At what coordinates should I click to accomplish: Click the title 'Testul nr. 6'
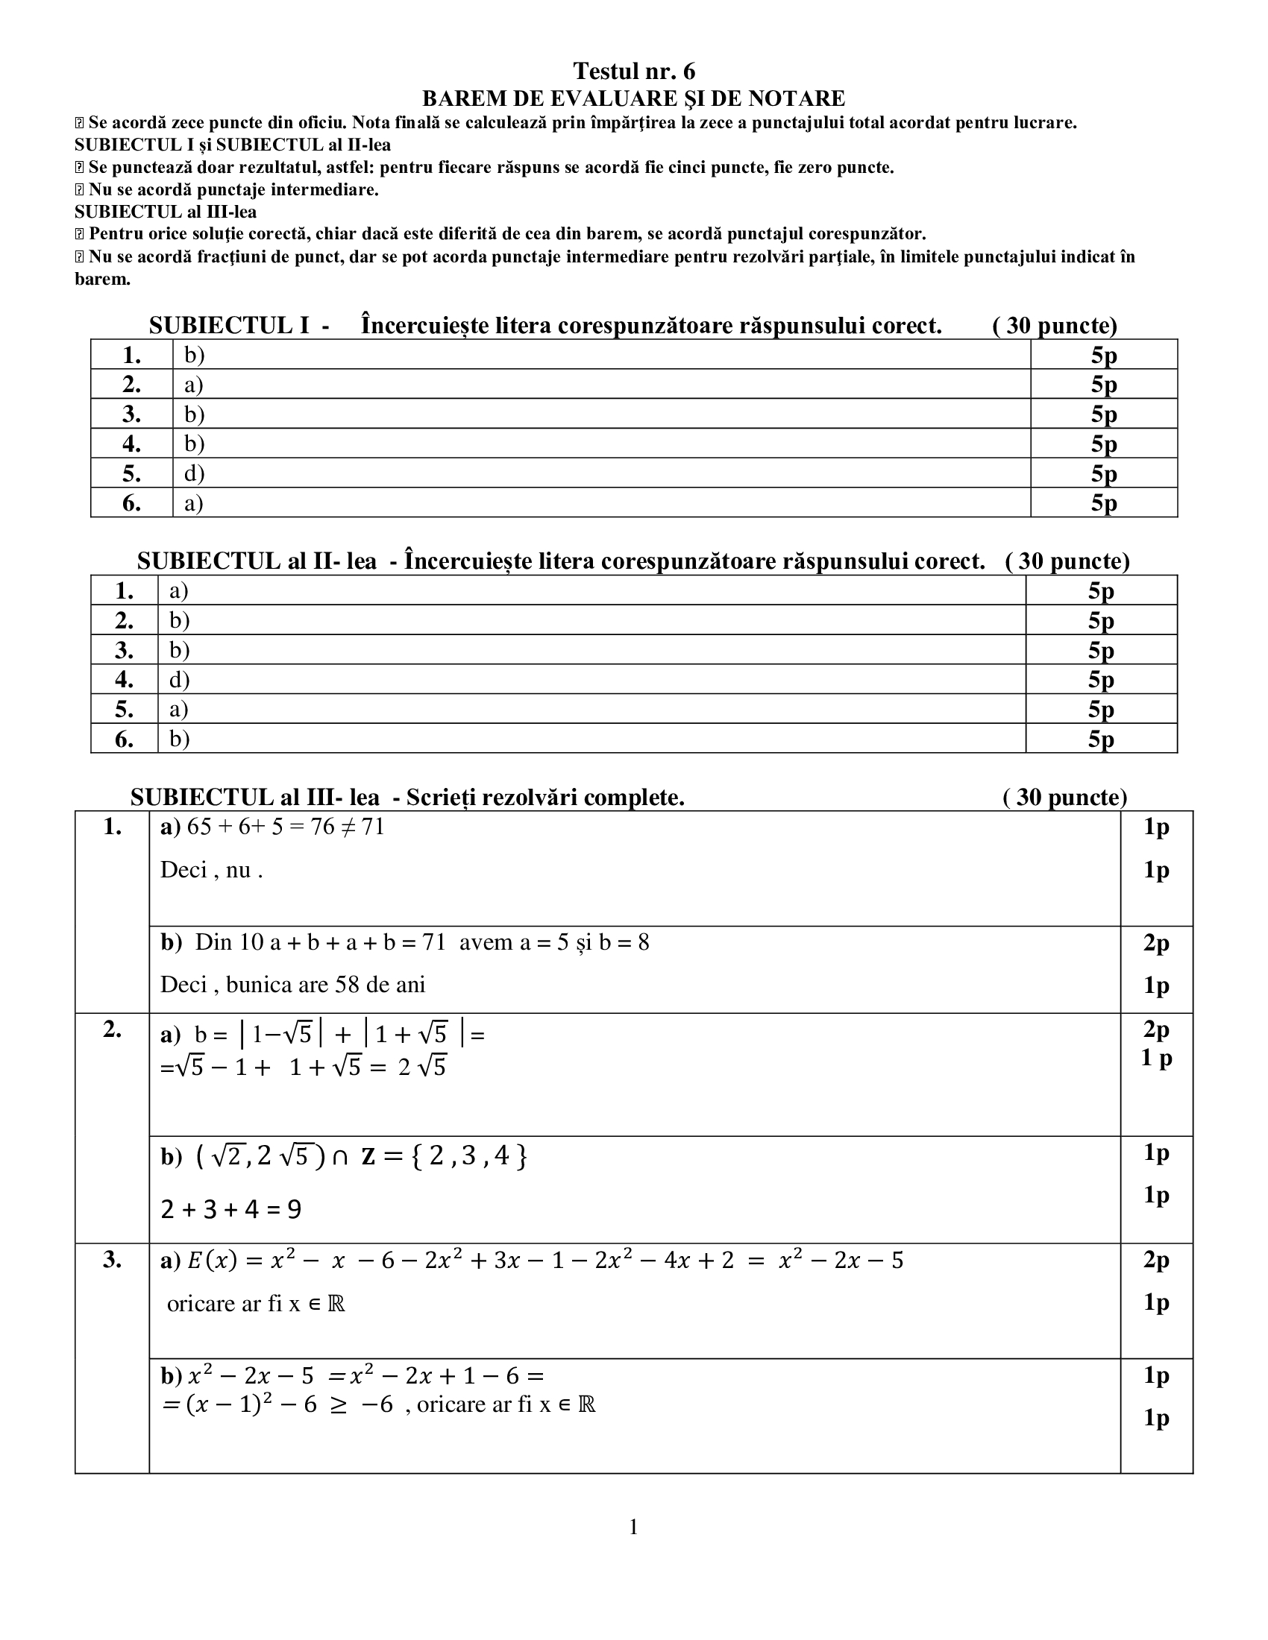(633, 72)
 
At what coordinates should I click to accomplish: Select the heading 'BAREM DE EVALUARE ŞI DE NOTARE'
(633, 98)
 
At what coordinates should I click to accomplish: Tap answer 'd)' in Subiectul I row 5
(195, 473)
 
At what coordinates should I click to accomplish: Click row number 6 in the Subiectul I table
(131, 503)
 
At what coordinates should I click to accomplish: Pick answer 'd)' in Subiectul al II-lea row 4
(179, 680)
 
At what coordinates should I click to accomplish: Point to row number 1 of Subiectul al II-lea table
(124, 591)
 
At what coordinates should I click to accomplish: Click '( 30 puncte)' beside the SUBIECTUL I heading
(1055, 326)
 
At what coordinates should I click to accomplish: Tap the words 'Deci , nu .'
(212, 870)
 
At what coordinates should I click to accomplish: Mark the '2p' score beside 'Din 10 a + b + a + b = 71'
(1156, 942)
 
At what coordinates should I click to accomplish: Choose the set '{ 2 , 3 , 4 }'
(466, 1156)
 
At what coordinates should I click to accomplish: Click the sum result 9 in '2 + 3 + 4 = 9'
(294, 1210)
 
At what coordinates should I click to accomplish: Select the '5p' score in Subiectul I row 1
(1103, 355)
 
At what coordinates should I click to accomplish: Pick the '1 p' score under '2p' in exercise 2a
(1156, 1058)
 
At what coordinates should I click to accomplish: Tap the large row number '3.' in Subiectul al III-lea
(112, 1260)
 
